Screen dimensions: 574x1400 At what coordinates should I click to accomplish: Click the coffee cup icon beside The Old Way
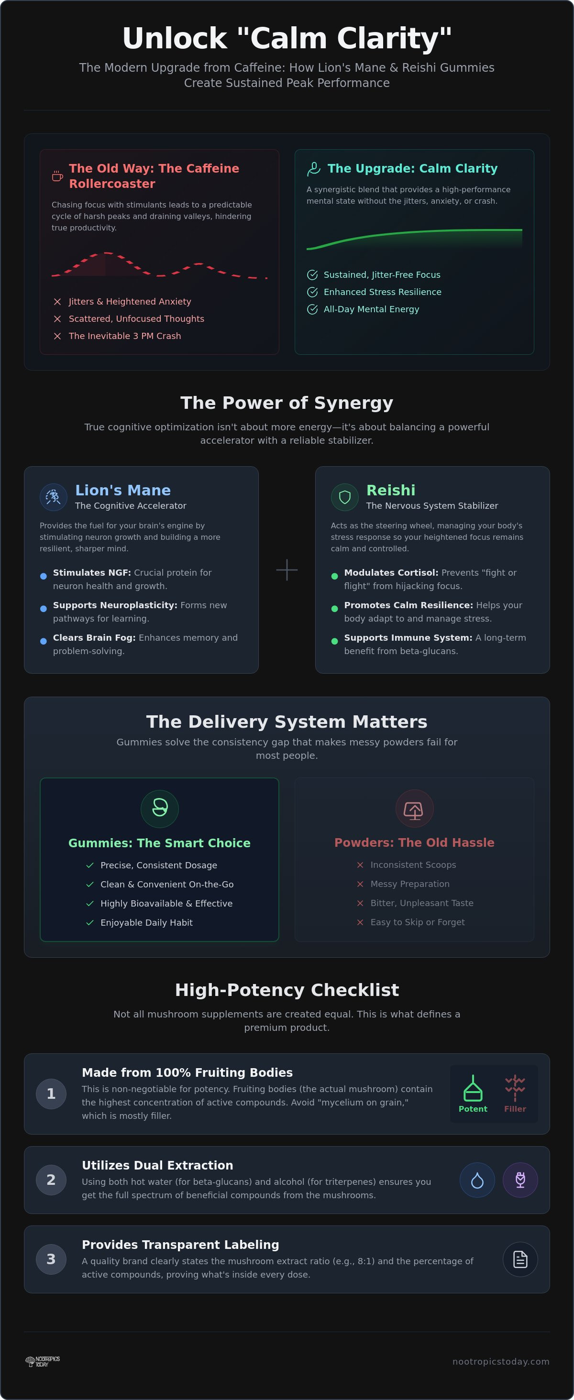pyautogui.click(x=57, y=176)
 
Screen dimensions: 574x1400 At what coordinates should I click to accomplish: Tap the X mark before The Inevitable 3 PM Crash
pyautogui.click(x=57, y=336)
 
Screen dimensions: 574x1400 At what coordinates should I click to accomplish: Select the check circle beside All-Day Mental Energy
pyautogui.click(x=312, y=309)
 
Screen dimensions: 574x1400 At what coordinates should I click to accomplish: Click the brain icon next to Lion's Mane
pyautogui.click(x=53, y=497)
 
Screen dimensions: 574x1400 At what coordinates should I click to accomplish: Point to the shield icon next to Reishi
pyautogui.click(x=344, y=497)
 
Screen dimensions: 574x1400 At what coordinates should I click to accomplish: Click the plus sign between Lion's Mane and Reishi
pyautogui.click(x=287, y=569)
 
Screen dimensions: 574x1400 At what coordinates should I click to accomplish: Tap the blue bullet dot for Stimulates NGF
pyautogui.click(x=44, y=576)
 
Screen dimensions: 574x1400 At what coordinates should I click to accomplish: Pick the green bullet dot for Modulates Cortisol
pyautogui.click(x=335, y=576)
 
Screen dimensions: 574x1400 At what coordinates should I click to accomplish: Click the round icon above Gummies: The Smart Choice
pyautogui.click(x=160, y=808)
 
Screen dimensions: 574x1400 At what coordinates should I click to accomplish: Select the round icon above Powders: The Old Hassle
pyautogui.click(x=414, y=808)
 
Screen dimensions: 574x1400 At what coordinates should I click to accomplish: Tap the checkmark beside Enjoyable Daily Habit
pyautogui.click(x=90, y=922)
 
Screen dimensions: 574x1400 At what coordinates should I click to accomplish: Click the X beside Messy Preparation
pyautogui.click(x=360, y=884)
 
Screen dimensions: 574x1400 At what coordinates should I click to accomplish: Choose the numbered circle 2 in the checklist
pyautogui.click(x=51, y=1180)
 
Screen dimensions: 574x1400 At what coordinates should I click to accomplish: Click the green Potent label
pyautogui.click(x=473, y=1109)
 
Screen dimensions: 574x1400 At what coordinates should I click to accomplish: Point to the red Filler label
pyautogui.click(x=515, y=1109)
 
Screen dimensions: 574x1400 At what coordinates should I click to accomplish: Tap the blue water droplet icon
pyautogui.click(x=477, y=1180)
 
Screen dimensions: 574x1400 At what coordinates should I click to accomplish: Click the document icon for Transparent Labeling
pyautogui.click(x=520, y=1259)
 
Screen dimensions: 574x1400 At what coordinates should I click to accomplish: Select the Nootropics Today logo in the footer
pyautogui.click(x=43, y=1361)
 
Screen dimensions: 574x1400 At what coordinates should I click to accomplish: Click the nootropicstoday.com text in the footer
pyautogui.click(x=501, y=1361)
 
